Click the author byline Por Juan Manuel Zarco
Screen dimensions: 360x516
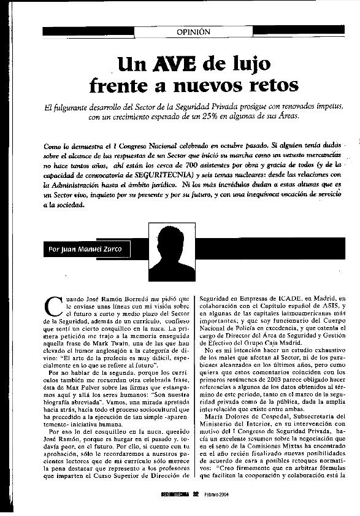click(x=86, y=250)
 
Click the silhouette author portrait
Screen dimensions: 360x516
click(x=172, y=252)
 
